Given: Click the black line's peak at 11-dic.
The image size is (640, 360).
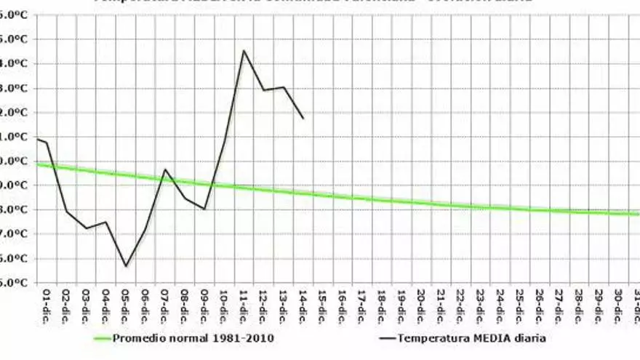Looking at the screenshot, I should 244,50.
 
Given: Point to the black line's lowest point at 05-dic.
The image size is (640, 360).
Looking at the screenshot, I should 126,266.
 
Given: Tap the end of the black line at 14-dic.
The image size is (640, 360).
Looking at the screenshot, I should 303,119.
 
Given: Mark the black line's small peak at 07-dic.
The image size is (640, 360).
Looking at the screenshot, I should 165,169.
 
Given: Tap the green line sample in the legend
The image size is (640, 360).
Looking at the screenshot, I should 113,338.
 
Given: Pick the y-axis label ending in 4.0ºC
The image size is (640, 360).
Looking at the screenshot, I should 15,64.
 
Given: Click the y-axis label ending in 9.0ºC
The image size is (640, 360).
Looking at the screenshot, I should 15,185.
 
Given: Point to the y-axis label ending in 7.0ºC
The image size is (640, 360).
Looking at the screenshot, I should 15,234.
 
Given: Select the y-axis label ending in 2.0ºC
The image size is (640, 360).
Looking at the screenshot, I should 15,113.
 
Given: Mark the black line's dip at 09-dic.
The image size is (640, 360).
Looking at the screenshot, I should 204,209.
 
